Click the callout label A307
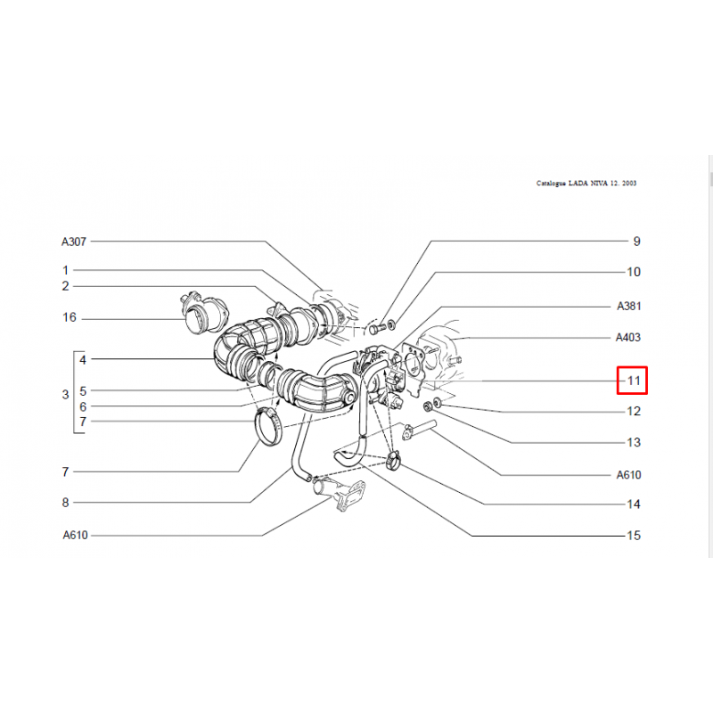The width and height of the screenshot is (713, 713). (x=74, y=242)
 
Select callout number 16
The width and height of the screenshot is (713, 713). (x=70, y=317)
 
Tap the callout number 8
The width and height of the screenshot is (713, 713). (x=65, y=503)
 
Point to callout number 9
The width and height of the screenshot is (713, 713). (x=636, y=242)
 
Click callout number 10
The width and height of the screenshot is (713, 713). (x=634, y=272)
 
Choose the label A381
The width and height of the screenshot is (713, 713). (x=629, y=306)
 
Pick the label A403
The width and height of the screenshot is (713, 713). (x=628, y=338)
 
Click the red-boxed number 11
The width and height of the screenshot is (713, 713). (x=634, y=381)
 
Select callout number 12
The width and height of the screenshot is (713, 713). (x=634, y=411)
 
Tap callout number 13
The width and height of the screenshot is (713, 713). (x=634, y=442)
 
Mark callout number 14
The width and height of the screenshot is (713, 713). (x=634, y=504)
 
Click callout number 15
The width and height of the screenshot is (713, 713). (x=634, y=536)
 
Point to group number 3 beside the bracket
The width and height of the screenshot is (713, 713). (x=65, y=395)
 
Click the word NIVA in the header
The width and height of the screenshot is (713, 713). (x=601, y=184)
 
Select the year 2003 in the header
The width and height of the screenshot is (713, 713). (x=630, y=184)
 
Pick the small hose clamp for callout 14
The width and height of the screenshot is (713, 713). (x=393, y=460)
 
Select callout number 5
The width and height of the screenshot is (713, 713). (x=83, y=391)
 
